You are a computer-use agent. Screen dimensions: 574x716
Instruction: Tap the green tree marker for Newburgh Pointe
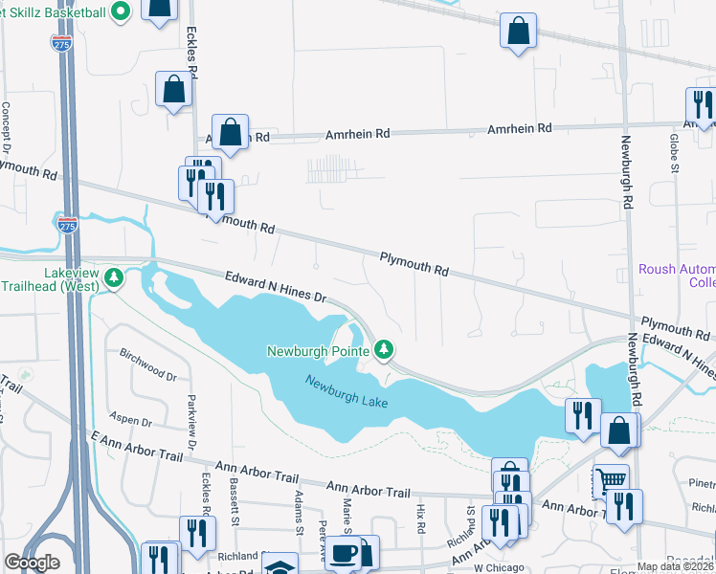click(384, 349)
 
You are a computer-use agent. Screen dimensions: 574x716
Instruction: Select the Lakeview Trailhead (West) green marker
click(115, 278)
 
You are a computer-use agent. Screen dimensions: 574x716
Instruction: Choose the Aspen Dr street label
click(133, 422)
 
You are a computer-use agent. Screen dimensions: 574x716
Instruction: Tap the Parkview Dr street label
click(191, 427)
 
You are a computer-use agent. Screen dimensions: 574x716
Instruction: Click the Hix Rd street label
click(421, 521)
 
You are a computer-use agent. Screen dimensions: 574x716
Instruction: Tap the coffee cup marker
click(343, 552)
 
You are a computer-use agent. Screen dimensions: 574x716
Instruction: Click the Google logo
click(32, 563)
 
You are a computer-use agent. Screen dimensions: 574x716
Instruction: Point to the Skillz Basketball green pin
click(121, 12)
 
